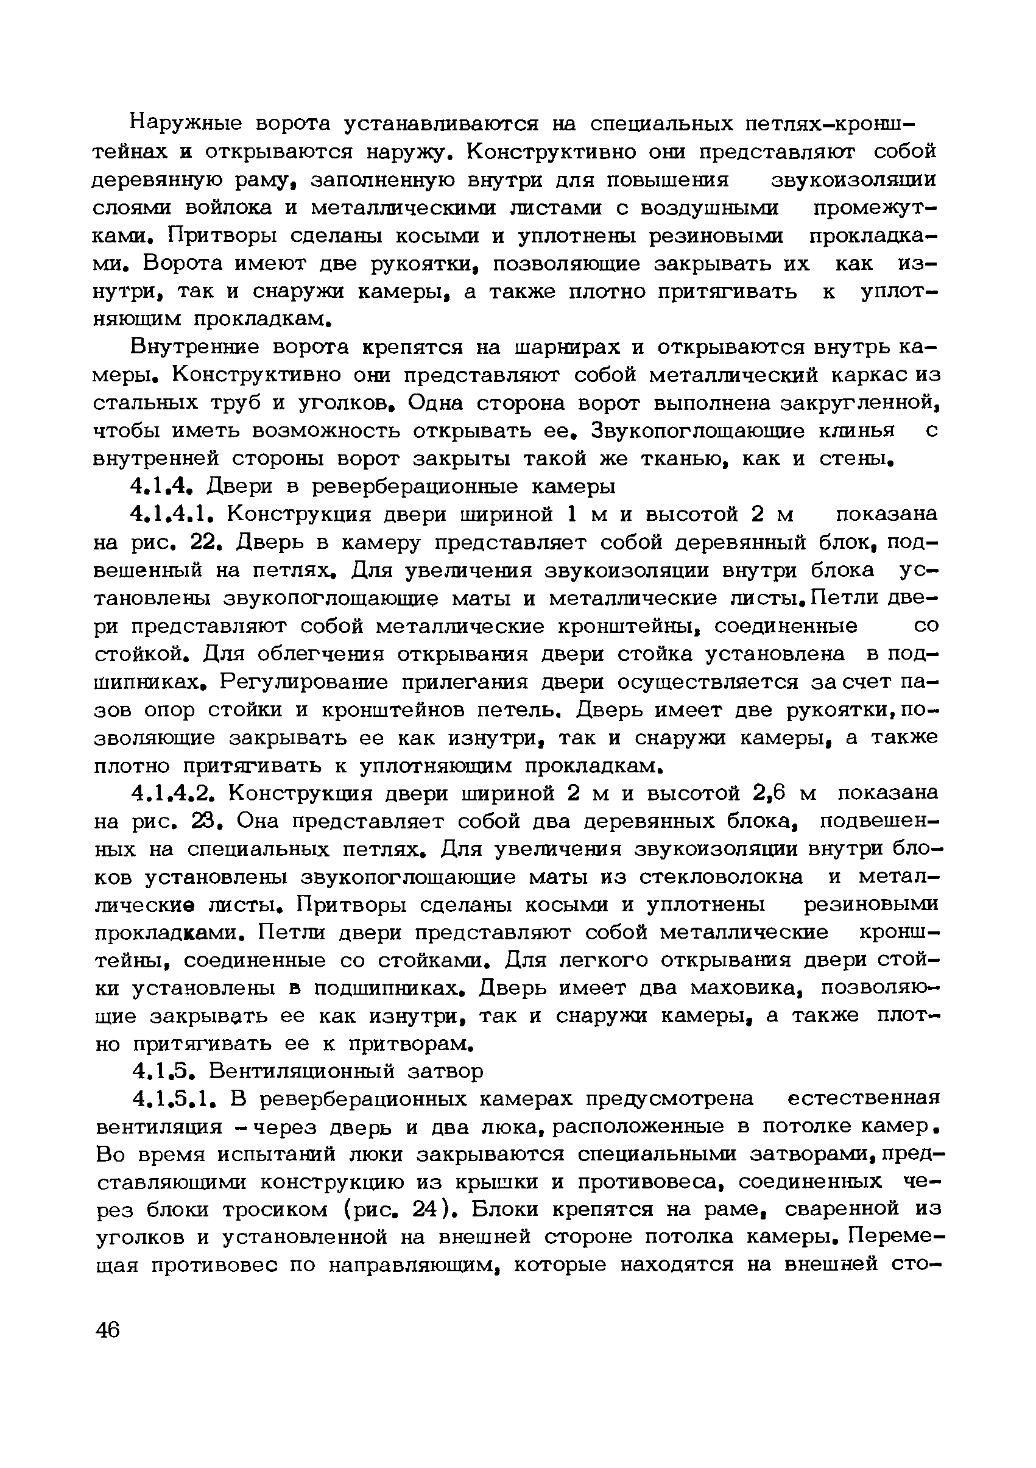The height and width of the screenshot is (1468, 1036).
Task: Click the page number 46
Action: pyautogui.click(x=107, y=1330)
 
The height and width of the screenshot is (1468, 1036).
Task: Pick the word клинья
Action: pyautogui.click(x=857, y=430)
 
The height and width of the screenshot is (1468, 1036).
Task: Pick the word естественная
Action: pyautogui.click(x=864, y=1098)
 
